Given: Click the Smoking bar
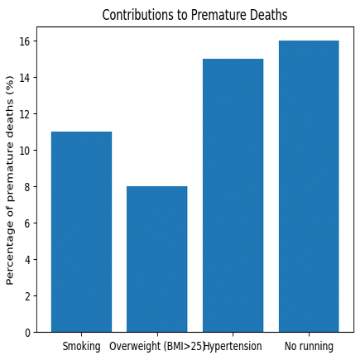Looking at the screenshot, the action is [81, 232].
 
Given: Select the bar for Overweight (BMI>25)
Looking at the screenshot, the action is [157, 259].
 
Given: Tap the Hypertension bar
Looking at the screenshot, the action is [233, 195].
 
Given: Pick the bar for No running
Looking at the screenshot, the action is [309, 186].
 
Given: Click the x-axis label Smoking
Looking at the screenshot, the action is [81, 346].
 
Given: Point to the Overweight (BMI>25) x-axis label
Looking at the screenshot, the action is [157, 346].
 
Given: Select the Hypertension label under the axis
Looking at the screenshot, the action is [233, 346].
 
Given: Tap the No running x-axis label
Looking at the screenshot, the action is [309, 346].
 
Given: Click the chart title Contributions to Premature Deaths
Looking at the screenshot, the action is [194, 15].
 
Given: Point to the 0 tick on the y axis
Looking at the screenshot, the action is [27, 333].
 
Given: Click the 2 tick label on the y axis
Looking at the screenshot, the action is [27, 296].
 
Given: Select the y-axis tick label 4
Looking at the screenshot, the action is [27, 260].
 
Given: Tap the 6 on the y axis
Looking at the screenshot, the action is [27, 223].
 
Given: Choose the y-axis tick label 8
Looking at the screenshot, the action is [27, 187].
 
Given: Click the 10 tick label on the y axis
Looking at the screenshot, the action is [25, 151].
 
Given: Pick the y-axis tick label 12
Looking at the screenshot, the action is [25, 114].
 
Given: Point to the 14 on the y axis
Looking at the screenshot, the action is [25, 78].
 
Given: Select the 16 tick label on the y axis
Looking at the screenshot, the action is [25, 41].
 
